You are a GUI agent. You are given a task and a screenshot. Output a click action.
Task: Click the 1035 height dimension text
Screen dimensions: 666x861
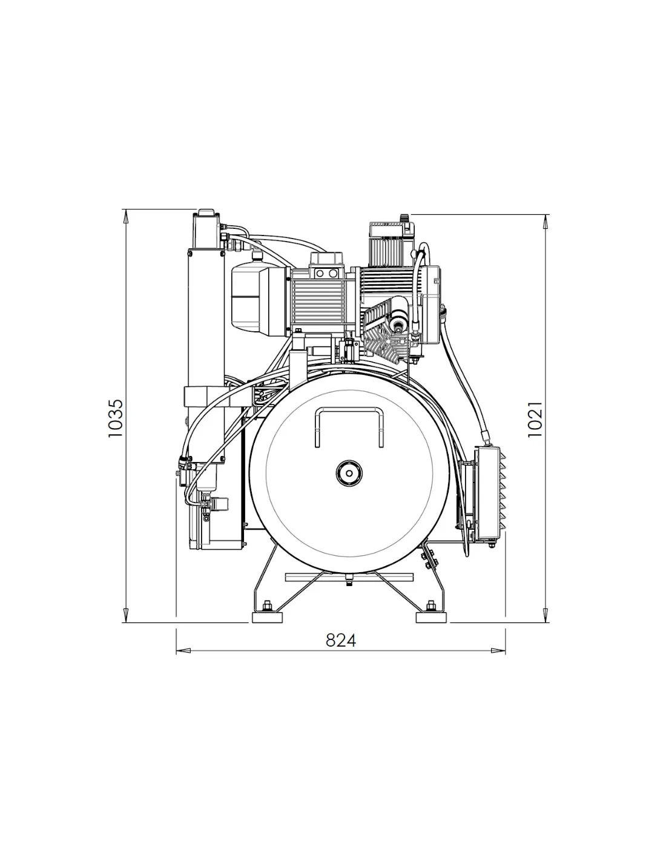coord(116,418)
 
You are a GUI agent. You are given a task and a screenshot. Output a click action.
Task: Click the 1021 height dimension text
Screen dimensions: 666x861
coord(535,419)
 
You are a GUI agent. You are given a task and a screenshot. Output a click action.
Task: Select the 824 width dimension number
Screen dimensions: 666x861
coord(341,640)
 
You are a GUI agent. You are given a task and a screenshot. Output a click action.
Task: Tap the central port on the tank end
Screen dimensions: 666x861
coord(349,473)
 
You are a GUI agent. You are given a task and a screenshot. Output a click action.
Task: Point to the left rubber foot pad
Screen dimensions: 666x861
coord(266,618)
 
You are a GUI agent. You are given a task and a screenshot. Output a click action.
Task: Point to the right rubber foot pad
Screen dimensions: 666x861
coord(430,618)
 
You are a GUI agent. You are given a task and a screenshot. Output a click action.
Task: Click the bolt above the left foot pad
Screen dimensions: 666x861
coord(267,606)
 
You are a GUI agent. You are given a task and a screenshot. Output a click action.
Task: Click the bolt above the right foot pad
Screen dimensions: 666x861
coord(430,606)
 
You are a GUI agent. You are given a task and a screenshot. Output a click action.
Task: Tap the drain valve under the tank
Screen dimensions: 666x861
coord(349,581)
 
